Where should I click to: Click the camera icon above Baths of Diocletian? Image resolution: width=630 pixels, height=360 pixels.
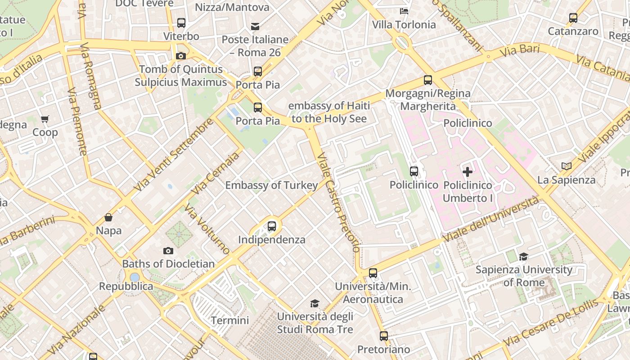point(168,251)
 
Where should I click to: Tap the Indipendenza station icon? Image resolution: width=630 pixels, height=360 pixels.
point(272,226)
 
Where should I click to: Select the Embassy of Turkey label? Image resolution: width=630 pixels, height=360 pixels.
point(271,185)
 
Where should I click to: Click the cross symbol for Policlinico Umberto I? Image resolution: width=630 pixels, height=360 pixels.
point(468,171)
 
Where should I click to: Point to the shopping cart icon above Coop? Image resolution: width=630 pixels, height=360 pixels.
point(45,119)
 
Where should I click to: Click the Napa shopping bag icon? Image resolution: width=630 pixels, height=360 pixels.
point(108,217)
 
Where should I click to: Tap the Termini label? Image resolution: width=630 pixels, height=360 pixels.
point(230,320)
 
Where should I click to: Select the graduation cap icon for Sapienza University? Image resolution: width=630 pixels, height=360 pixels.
point(523,256)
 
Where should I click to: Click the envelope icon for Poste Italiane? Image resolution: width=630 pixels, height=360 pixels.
point(255,27)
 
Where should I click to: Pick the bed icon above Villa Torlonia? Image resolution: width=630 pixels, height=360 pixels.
point(404,11)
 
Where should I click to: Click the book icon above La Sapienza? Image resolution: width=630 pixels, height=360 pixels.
point(566,166)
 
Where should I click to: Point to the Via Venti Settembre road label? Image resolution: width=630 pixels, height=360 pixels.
point(174,154)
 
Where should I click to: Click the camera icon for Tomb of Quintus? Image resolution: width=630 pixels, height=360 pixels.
point(181,56)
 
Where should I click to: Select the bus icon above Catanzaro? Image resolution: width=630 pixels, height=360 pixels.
point(573,18)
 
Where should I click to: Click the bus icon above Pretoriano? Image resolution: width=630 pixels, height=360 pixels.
point(383,336)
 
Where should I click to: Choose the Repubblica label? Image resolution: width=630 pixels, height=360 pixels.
point(126,286)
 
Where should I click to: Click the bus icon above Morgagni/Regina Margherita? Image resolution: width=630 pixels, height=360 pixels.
point(428,81)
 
